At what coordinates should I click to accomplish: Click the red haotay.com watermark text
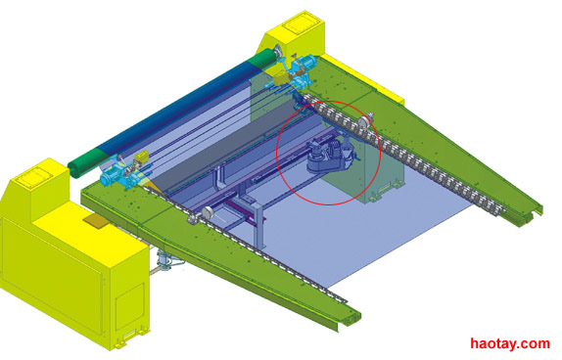click(x=510, y=344)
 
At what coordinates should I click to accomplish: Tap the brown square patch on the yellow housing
click(x=95, y=221)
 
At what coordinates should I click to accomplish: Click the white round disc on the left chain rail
click(x=207, y=213)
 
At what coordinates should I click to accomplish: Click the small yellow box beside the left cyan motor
click(x=142, y=157)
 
